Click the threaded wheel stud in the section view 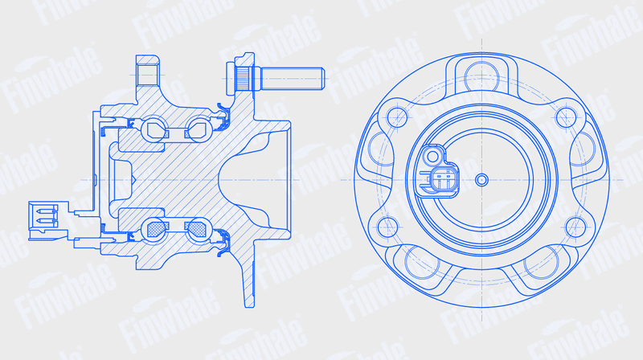coord(276,79)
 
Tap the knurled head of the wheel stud coord(243,79)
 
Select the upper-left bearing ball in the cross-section coord(154,129)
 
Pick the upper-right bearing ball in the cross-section coord(199,129)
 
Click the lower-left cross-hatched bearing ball coord(154,230)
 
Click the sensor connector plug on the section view coord(46,221)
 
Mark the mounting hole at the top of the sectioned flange coord(147,75)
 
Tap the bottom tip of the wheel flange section coord(249,306)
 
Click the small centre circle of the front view coord(481,179)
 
